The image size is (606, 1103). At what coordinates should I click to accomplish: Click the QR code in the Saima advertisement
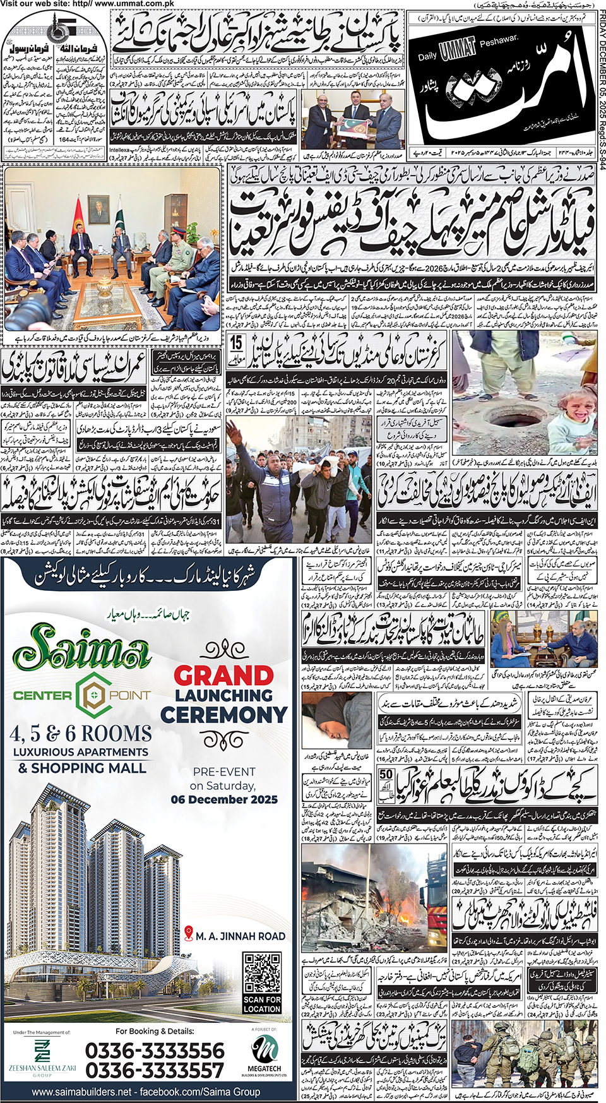click(262, 973)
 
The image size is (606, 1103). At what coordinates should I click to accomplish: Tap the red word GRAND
click(224, 676)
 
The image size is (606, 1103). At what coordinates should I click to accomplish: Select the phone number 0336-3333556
click(155, 1051)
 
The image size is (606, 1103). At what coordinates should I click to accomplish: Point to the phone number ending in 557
click(155, 1071)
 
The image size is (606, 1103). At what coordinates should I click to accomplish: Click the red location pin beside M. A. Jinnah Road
click(189, 934)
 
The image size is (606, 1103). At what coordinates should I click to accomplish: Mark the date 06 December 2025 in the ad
click(224, 799)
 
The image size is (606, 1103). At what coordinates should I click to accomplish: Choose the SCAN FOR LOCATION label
click(262, 1004)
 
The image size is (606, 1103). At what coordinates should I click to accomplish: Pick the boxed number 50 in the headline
click(386, 778)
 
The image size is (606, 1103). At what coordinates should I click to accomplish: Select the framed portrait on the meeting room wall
click(98, 210)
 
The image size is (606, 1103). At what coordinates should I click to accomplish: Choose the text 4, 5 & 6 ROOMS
click(81, 734)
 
